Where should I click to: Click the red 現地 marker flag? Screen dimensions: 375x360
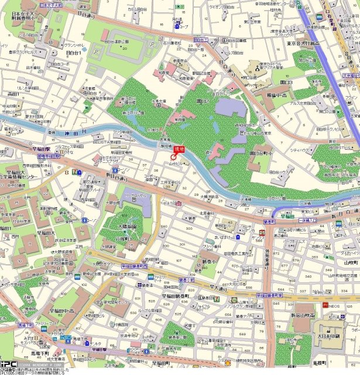[178, 149]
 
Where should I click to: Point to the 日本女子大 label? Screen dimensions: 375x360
[22, 13]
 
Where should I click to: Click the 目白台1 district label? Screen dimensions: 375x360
[74, 53]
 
